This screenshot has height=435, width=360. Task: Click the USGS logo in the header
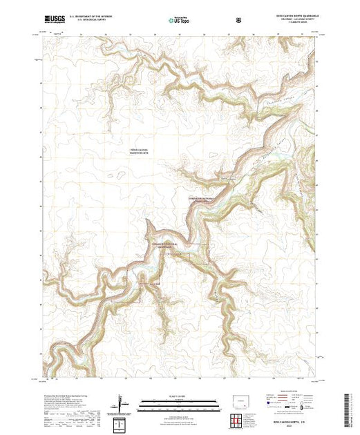54,19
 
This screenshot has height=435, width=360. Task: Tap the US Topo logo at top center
180,19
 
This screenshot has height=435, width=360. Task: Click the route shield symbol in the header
238,19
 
